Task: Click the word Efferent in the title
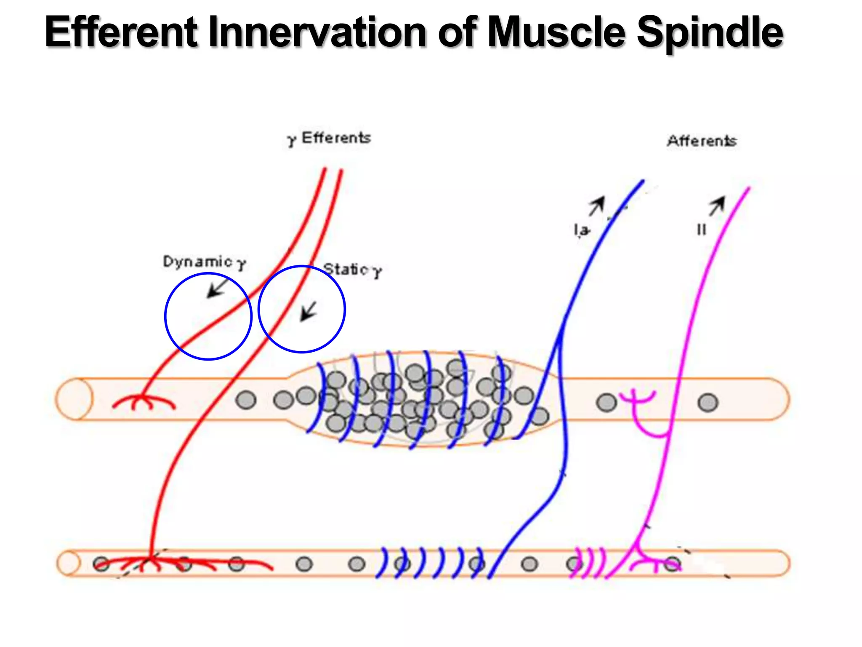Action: coord(121,32)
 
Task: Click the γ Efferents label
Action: coord(329,139)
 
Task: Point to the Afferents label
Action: coord(702,141)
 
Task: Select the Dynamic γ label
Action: coord(204,262)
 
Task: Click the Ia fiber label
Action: coord(582,230)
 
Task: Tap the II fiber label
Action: coord(701,230)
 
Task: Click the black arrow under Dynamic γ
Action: coord(217,287)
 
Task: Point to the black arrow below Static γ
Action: coord(309,311)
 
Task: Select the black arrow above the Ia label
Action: coord(597,206)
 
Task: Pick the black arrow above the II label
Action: coord(717,206)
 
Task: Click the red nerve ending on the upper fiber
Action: coord(143,401)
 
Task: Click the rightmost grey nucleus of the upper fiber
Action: coord(708,402)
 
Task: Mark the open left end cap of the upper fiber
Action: coord(74,399)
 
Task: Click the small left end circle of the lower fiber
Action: coord(69,564)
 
